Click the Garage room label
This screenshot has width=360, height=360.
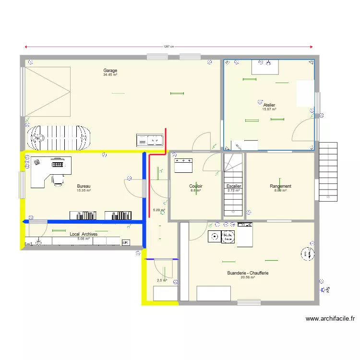click(x=110, y=71)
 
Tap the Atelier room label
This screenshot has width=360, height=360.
click(x=269, y=105)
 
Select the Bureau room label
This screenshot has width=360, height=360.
click(x=84, y=186)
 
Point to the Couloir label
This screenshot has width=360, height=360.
click(x=195, y=186)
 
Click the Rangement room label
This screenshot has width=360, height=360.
click(x=280, y=186)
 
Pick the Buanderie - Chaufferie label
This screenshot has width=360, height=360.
click(x=248, y=273)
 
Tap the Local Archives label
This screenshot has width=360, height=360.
click(x=84, y=234)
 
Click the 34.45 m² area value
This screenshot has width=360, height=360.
click(x=110, y=75)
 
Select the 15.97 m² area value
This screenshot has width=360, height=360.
click(x=269, y=109)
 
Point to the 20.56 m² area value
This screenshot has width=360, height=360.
click(x=248, y=277)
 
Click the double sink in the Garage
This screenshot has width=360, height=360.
click(x=150, y=140)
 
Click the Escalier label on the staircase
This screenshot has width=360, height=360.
click(x=234, y=186)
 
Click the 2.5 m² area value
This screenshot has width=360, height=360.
click(x=162, y=281)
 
